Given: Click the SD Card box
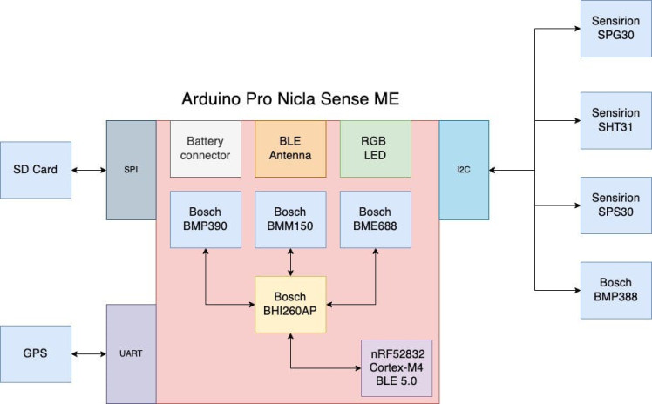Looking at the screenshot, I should click(35, 170).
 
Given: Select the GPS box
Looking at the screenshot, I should click(35, 353).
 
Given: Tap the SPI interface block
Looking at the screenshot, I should click(132, 170).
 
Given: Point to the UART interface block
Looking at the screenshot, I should click(132, 353).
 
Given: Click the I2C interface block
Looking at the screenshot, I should click(464, 170).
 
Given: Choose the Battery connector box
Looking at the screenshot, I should click(205, 149).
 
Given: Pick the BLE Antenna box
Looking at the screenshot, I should click(290, 149).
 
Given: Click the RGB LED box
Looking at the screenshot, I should click(375, 149).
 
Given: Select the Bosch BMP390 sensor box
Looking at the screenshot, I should click(205, 219).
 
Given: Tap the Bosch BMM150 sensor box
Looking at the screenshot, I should click(290, 219).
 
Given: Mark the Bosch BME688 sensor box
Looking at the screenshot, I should click(375, 219).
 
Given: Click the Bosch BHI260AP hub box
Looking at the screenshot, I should click(290, 304).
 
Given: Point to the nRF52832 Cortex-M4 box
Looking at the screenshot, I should click(397, 367).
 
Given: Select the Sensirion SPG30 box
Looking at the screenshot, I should click(615, 29).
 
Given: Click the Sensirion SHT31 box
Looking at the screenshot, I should click(615, 119).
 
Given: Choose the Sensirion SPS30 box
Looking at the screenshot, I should click(615, 205).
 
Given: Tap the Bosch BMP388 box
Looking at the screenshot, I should click(615, 289).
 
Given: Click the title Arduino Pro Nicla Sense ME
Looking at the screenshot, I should click(290, 99).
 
